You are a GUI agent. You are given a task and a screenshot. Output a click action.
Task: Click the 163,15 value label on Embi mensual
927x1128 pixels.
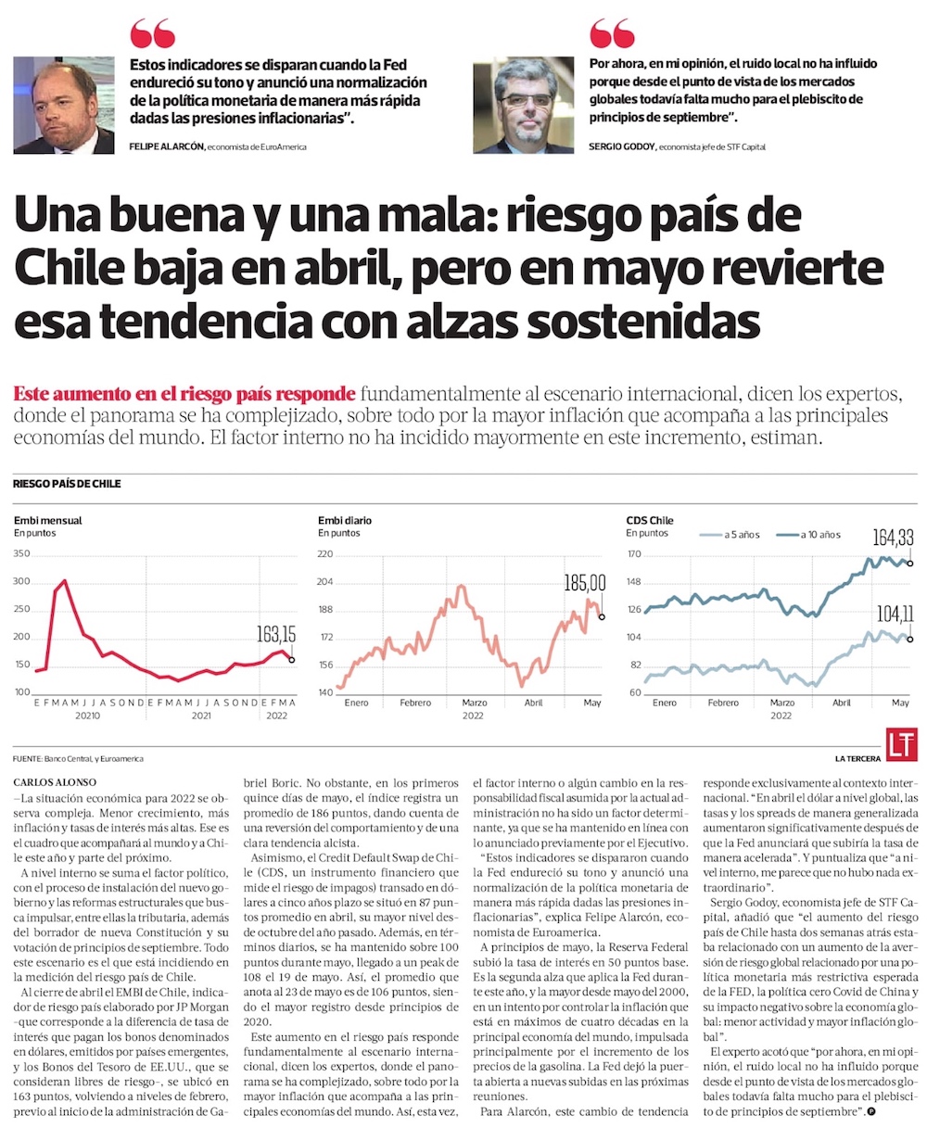[275, 634]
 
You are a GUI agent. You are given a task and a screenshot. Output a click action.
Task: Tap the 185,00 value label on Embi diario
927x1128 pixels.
[584, 583]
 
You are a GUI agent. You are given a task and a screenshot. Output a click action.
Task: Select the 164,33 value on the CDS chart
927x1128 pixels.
[893, 537]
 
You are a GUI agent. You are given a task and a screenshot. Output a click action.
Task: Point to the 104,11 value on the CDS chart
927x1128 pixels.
[893, 613]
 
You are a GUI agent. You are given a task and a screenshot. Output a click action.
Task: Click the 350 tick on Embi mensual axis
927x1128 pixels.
[21, 554]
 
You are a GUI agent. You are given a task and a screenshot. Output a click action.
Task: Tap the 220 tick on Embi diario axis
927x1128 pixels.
[325, 554]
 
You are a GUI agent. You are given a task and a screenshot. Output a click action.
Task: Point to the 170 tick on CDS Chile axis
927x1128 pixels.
[634, 554]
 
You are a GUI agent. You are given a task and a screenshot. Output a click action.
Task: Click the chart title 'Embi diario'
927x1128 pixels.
[345, 521]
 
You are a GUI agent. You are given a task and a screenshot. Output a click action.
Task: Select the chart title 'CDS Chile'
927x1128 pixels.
[650, 521]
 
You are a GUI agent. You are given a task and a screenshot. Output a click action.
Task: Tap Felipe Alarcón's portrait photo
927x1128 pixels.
[64, 106]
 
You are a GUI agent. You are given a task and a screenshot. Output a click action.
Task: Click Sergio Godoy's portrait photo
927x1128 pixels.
[523, 106]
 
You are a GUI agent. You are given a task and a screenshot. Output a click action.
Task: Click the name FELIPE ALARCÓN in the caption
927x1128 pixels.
[166, 146]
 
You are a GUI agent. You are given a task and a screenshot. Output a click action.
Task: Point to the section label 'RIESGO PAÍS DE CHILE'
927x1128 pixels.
[67, 484]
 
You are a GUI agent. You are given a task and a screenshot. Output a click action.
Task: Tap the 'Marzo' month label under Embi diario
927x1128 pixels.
[474, 703]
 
